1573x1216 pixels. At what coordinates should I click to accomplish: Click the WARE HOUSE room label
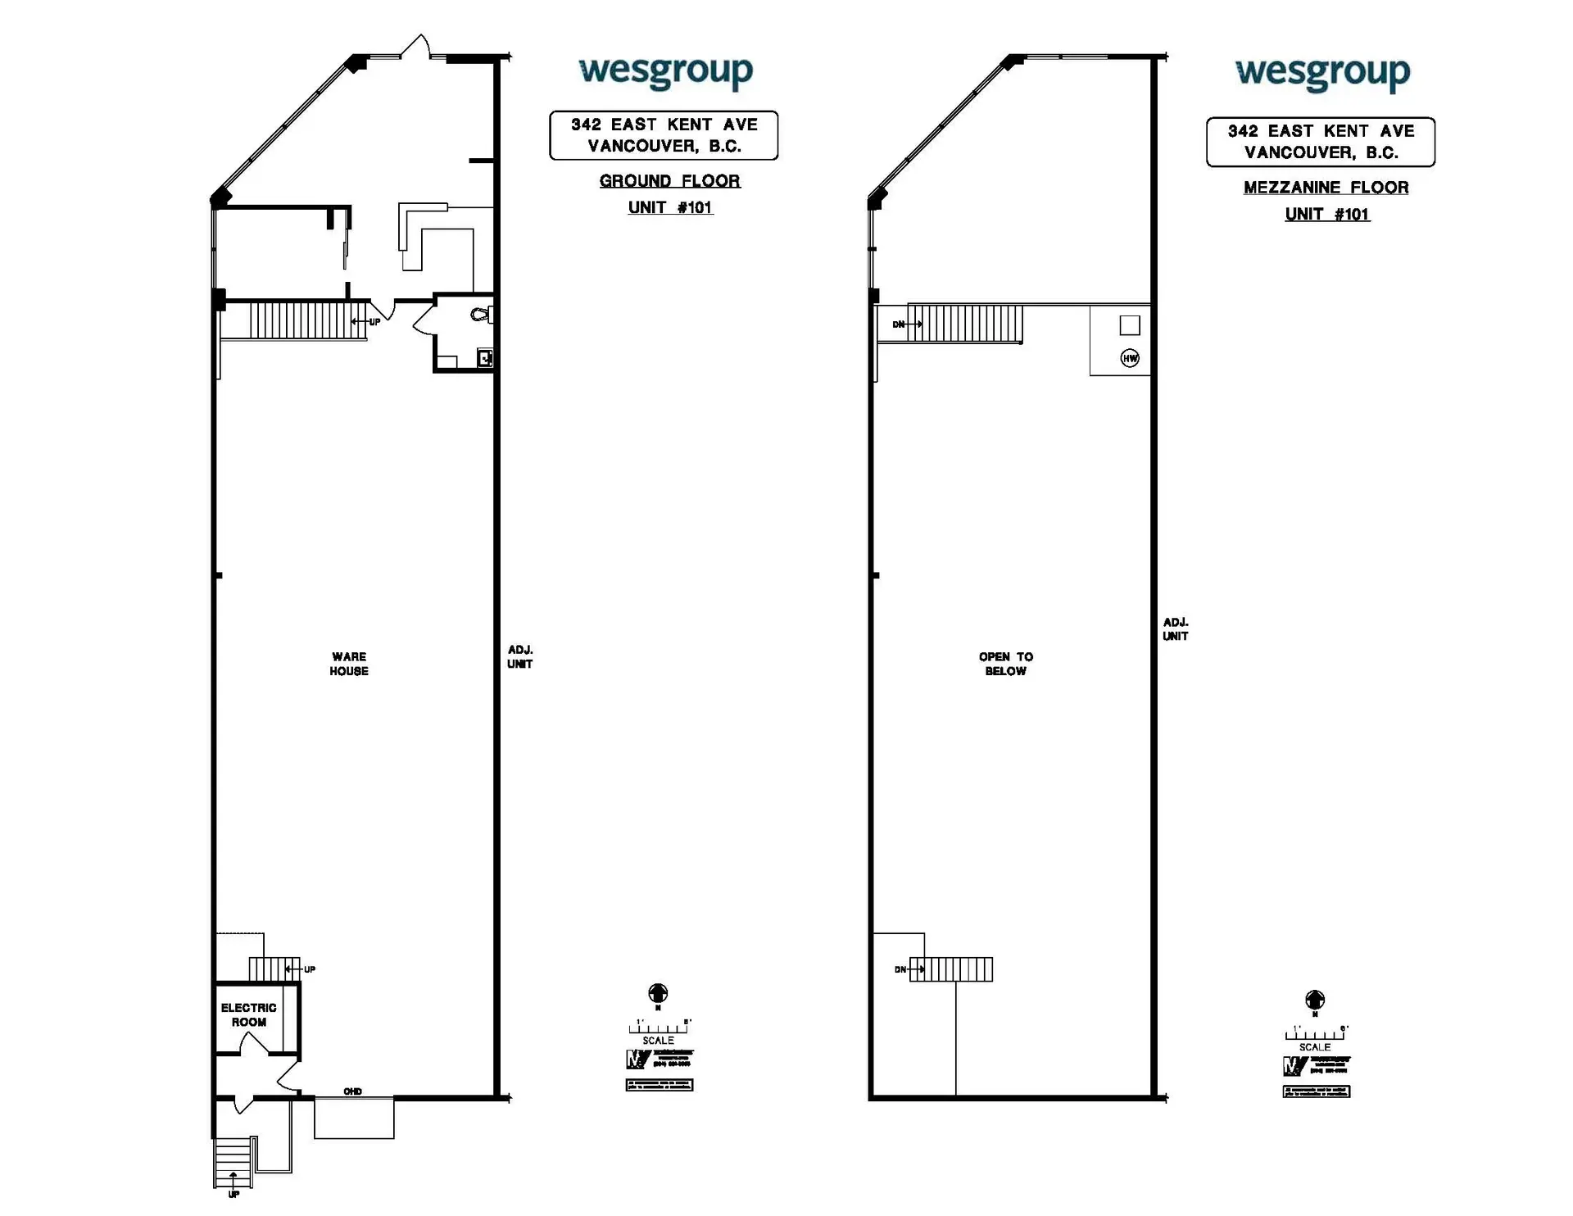tap(349, 664)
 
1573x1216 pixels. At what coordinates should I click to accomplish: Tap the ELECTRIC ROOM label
tap(248, 1014)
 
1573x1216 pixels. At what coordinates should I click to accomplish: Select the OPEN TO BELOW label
tap(1005, 664)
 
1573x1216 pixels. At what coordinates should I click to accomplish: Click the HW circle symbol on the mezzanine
tap(1130, 358)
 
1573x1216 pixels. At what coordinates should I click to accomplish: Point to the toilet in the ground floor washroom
tap(482, 315)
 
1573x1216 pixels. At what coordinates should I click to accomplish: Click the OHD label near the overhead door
tap(352, 1091)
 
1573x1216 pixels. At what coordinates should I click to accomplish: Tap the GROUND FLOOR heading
tap(669, 181)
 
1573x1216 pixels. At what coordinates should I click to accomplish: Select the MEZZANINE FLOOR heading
tap(1326, 188)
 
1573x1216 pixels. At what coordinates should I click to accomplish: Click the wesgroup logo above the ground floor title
tap(665, 72)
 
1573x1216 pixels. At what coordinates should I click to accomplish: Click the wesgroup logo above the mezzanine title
tap(1322, 74)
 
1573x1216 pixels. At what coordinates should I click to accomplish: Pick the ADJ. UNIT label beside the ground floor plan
tap(519, 657)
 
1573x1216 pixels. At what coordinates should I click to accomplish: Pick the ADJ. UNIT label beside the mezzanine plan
tap(1176, 629)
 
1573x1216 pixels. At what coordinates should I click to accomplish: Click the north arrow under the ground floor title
tap(658, 994)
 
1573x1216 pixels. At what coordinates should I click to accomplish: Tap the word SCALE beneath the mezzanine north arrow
tap(1314, 1047)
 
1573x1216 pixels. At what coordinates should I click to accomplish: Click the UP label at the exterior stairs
tap(233, 1195)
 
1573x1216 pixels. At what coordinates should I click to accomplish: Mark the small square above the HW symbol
tap(1130, 325)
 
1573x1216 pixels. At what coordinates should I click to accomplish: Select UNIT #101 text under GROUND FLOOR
tap(670, 208)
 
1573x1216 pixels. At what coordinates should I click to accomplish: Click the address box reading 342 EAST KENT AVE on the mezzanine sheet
tap(1320, 142)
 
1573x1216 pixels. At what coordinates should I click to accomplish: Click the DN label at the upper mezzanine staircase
tap(898, 324)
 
